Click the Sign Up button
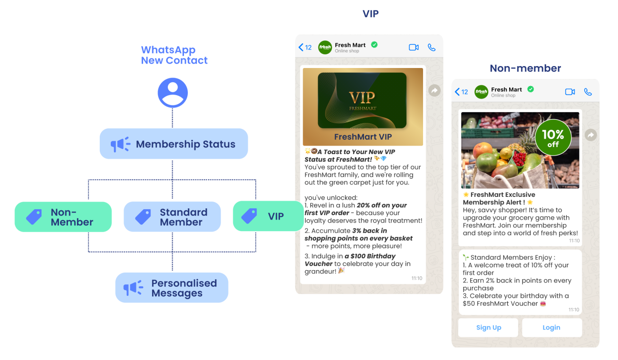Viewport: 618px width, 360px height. (488, 327)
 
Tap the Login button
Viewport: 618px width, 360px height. (551, 327)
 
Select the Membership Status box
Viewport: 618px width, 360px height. (174, 144)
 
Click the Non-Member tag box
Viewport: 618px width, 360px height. (63, 217)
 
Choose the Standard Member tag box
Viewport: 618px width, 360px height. (172, 217)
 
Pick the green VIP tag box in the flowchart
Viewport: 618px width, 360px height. (268, 216)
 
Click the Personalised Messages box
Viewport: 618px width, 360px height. (172, 288)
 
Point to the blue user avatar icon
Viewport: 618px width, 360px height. (173, 92)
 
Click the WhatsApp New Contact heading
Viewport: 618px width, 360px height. (174, 55)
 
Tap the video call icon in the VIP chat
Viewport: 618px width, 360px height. (414, 48)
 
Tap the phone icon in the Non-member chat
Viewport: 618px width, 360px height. (588, 92)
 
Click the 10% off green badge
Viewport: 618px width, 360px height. (553, 137)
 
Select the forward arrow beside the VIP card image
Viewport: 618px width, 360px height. (434, 90)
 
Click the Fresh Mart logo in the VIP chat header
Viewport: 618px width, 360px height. (325, 47)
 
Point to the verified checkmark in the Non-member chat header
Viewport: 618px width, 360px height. (531, 89)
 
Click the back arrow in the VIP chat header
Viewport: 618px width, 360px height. (301, 47)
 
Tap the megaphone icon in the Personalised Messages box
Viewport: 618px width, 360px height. (133, 288)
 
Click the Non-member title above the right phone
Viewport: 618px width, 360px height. (525, 68)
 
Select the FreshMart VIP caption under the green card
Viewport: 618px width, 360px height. (363, 136)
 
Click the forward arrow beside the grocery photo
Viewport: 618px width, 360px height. (591, 135)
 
